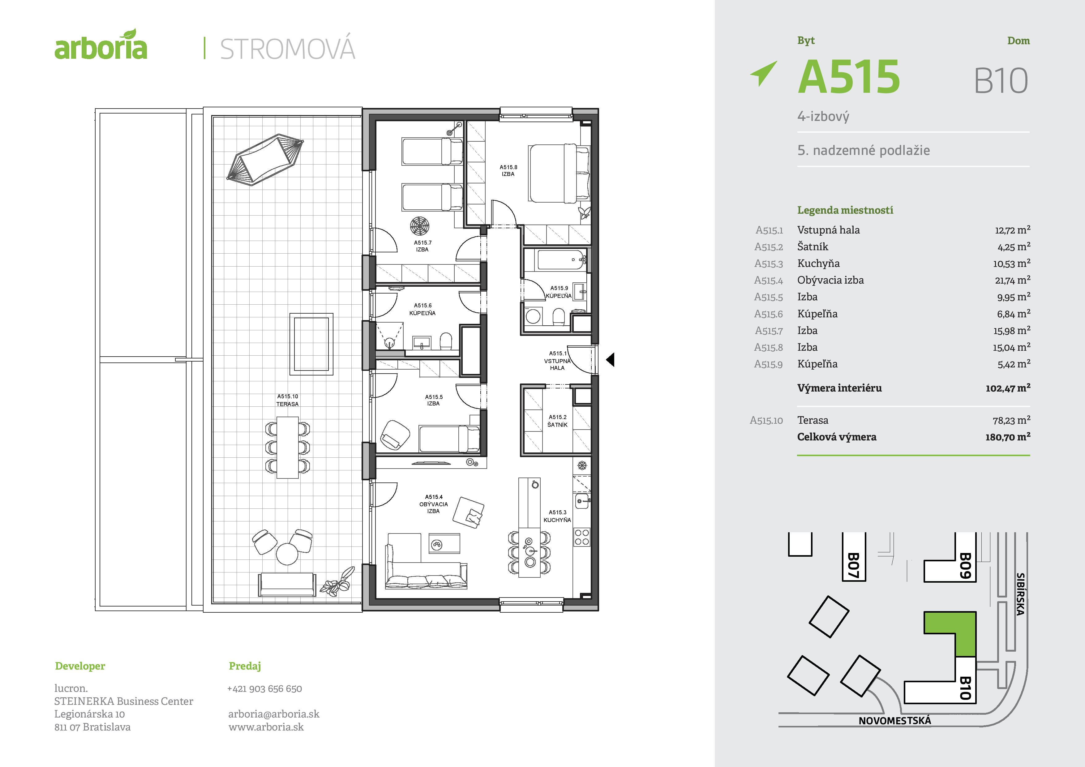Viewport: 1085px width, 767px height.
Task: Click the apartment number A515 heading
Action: click(849, 77)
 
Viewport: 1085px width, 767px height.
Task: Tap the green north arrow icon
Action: click(763, 73)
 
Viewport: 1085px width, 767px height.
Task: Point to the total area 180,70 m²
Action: click(1007, 437)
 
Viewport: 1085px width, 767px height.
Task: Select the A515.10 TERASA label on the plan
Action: click(287, 400)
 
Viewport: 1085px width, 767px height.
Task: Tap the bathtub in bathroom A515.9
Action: click(560, 260)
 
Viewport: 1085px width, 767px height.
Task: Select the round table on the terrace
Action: click(287, 553)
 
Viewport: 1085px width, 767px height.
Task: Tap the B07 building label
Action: click(853, 565)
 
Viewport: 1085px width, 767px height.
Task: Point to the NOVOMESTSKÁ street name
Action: click(894, 721)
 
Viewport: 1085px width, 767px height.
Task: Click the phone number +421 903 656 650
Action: click(265, 688)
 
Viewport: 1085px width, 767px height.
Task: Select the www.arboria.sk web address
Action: click(266, 727)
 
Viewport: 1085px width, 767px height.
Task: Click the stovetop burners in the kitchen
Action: click(582, 537)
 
